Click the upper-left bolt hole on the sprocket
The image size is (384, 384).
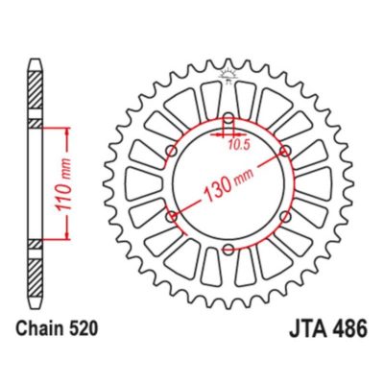click(173, 154)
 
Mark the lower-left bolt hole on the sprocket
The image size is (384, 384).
click(173, 219)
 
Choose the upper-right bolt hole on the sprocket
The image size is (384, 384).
click(286, 154)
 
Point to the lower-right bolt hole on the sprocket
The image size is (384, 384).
click(286, 219)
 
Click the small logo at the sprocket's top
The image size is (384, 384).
click(229, 73)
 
